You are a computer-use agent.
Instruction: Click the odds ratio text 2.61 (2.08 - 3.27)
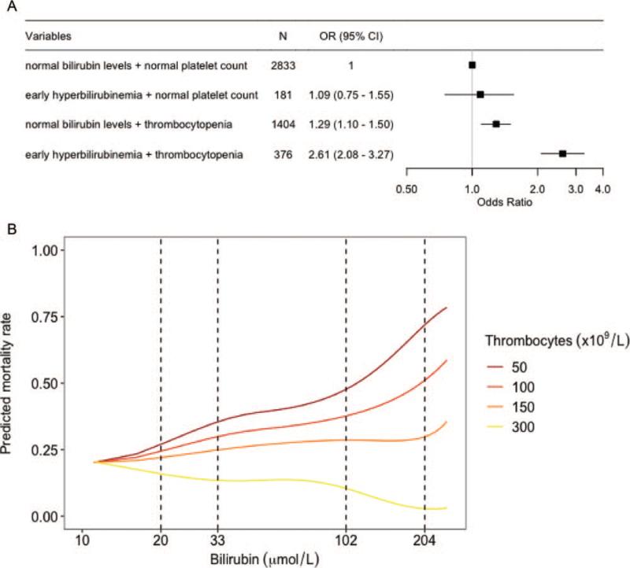tap(351, 153)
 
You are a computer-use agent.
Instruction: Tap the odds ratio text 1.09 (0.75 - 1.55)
tap(351, 95)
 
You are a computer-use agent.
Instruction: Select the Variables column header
tap(46, 36)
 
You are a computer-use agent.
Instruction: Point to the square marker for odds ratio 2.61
tap(562, 153)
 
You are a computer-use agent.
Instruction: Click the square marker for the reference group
tap(472, 65)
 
